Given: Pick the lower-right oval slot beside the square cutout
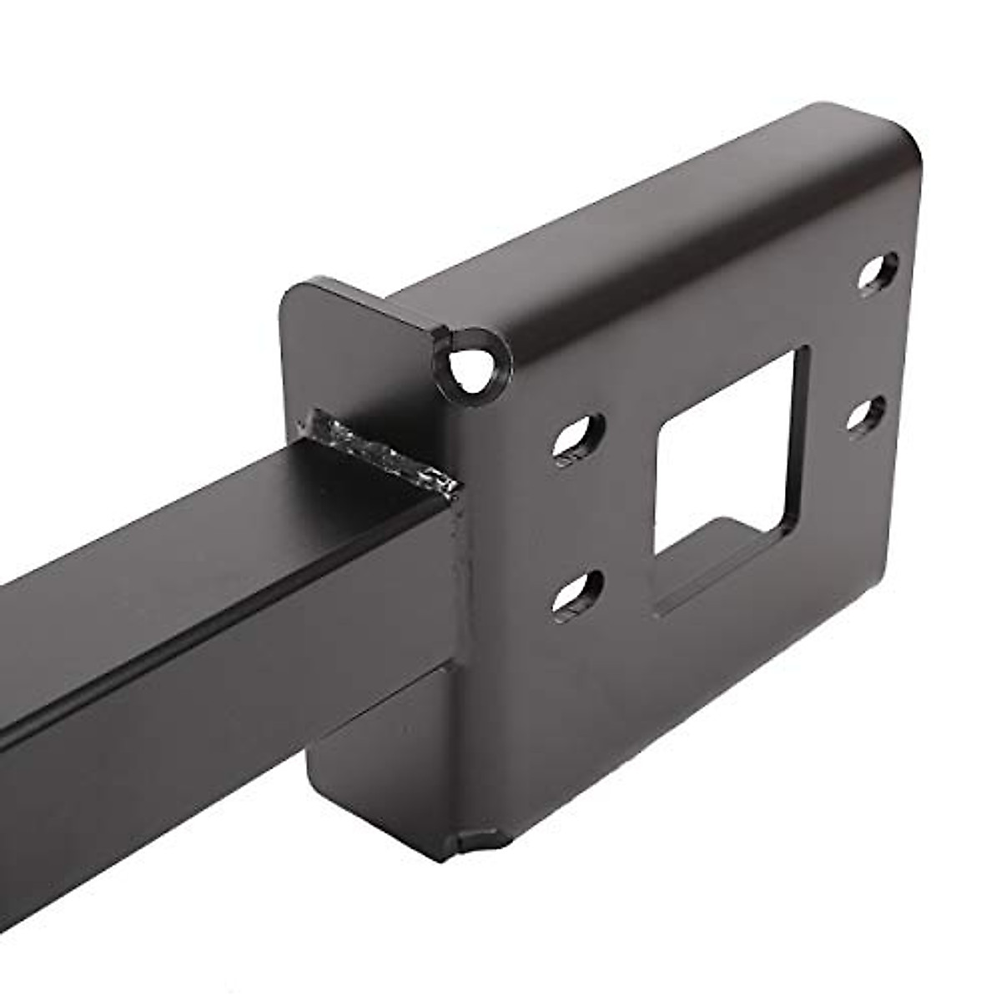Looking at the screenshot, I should pyautogui.click(x=868, y=413).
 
